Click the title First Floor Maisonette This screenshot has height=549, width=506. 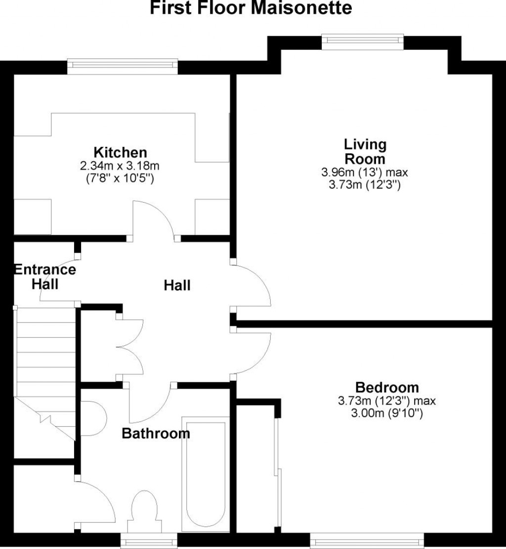(252, 8)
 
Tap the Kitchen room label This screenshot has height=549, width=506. (121, 152)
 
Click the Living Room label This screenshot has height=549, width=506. (365, 152)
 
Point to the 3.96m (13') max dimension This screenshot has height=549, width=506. (365, 173)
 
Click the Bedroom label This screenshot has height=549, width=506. (387, 388)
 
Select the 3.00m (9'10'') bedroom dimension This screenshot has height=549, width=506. (387, 413)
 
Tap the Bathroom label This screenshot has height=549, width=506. (156, 434)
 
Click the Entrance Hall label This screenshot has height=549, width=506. (45, 277)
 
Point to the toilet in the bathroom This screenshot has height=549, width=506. (144, 510)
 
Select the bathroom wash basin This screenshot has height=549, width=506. (94, 418)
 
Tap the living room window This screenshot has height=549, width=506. (362, 41)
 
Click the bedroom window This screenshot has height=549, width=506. (367, 541)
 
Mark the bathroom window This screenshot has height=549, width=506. (149, 541)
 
